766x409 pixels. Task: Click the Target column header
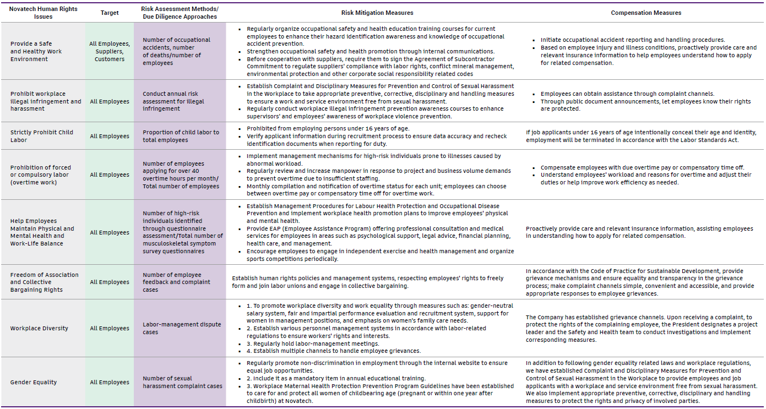110,13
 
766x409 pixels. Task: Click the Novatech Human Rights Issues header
43,13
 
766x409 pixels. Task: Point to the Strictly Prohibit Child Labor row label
42,136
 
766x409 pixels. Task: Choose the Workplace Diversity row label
39,328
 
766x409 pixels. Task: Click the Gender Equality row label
34,382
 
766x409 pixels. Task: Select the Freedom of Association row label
44,282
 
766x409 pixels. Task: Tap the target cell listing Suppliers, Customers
110,52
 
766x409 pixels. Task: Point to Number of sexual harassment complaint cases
182,382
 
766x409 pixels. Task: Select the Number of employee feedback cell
176,282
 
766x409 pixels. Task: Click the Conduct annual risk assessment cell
173,101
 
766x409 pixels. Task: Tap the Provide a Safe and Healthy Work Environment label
36,52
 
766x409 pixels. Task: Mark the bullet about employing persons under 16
328,128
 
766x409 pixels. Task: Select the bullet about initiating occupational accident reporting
632,40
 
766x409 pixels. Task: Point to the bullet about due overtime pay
642,167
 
